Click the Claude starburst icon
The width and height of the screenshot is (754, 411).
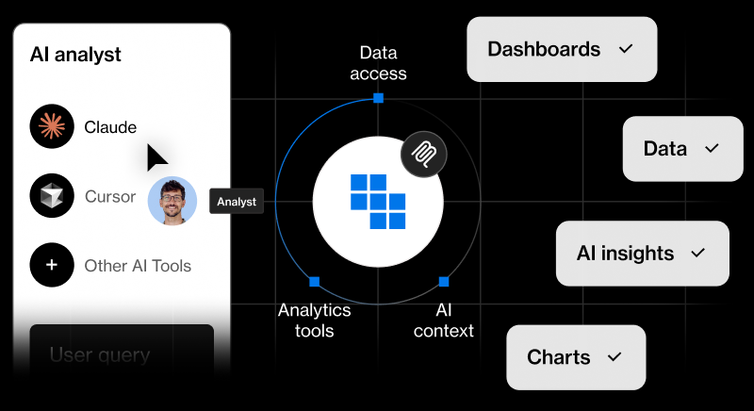pos(52,127)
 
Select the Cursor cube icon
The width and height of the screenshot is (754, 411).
pos(52,196)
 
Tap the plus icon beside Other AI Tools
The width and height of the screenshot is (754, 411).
pos(52,266)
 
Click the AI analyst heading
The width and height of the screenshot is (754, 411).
pos(75,55)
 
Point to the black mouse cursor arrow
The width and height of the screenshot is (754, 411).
pos(156,157)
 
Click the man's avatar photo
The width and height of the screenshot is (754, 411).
pos(172,201)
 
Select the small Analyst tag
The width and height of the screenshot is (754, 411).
pos(236,201)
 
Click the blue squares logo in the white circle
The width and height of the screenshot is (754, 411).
pos(377,201)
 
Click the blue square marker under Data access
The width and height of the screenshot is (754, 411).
pos(378,98)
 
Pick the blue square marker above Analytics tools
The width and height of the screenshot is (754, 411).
pos(314,281)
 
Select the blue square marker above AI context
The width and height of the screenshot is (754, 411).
pos(443,281)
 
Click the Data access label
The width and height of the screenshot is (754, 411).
pos(378,63)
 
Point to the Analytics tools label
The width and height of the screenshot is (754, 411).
pos(314,320)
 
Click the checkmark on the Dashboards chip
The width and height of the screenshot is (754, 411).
pos(624,49)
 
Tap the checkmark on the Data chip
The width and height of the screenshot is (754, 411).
pos(712,148)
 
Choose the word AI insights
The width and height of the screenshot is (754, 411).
pos(625,254)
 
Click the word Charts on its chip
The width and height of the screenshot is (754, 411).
pos(559,357)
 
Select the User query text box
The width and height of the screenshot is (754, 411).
pos(122,355)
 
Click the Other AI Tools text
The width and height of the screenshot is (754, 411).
pos(138,266)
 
